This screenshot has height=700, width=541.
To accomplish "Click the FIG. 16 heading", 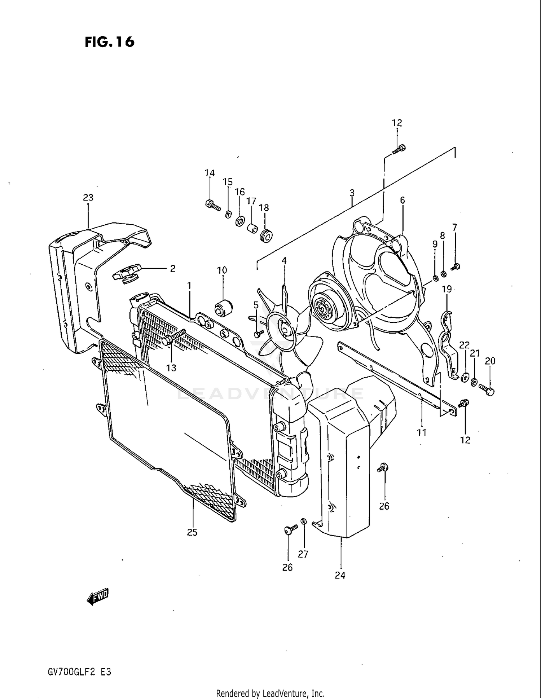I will (110, 42).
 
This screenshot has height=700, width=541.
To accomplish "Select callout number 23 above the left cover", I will (88, 198).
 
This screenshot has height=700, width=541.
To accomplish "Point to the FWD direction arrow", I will (98, 597).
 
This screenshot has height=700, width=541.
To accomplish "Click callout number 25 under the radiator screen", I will (192, 532).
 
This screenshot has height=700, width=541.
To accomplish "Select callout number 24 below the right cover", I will (340, 575).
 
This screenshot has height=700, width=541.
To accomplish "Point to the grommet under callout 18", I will (266, 237).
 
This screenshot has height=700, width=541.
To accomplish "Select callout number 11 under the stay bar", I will (422, 432).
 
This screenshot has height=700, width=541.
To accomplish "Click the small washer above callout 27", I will (304, 521).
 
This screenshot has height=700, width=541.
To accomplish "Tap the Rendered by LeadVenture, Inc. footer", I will (270, 693).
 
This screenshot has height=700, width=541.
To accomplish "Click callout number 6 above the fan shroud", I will (403, 201).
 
